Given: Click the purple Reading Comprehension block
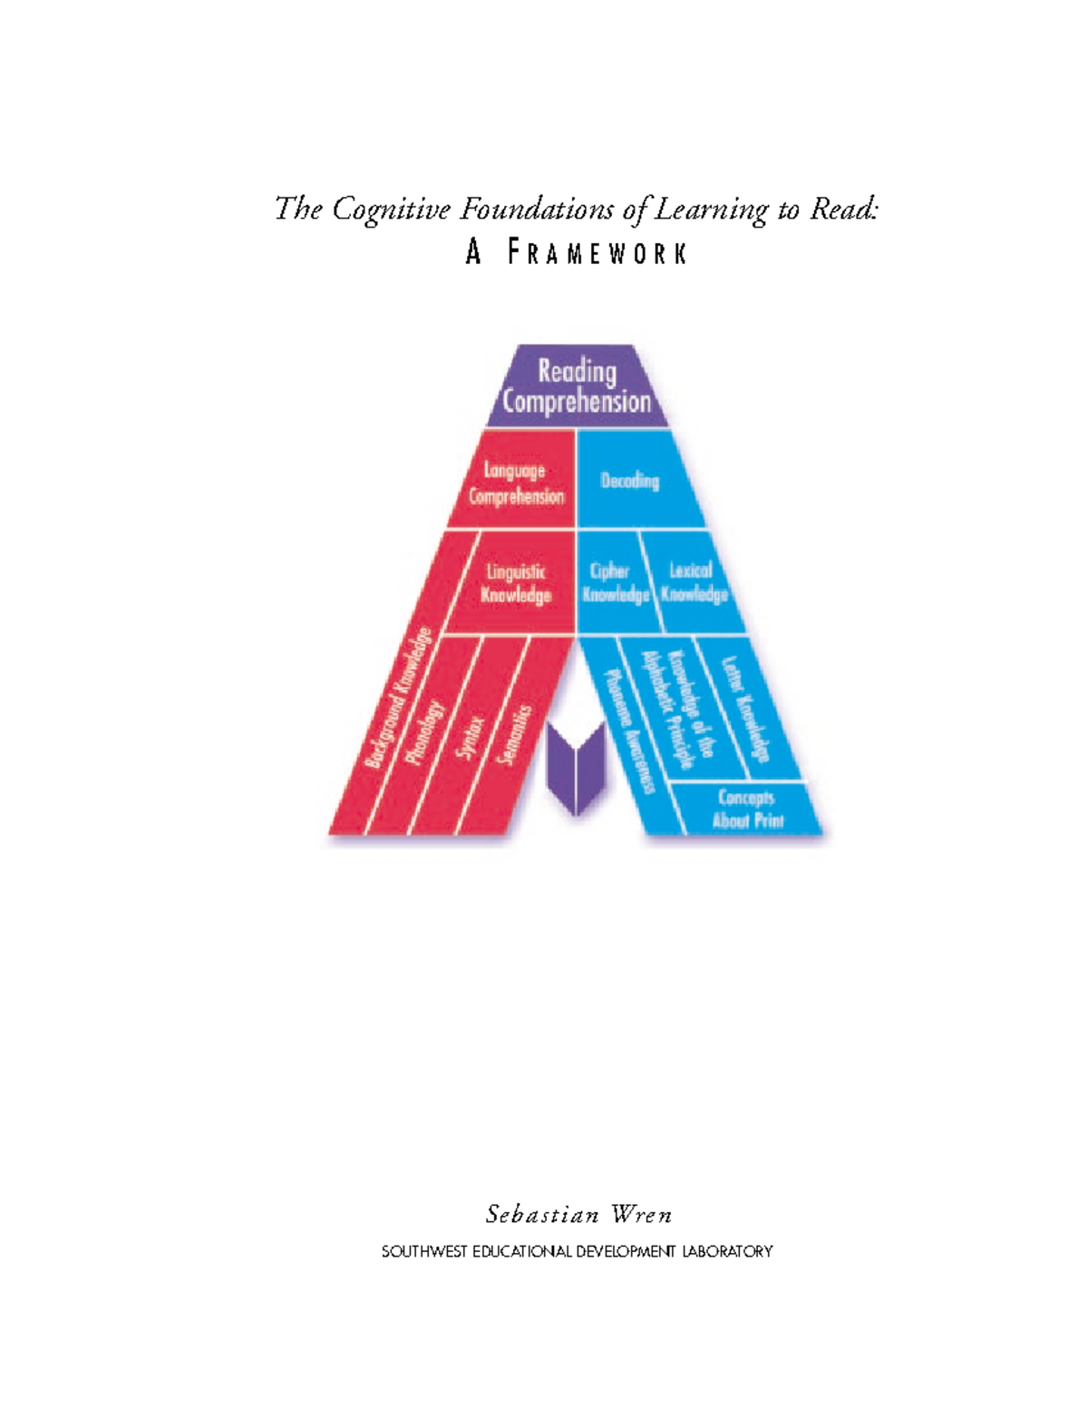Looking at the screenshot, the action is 577,386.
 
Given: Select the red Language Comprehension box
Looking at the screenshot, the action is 516,482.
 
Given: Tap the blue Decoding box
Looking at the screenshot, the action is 629,481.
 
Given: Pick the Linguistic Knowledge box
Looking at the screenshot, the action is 516,583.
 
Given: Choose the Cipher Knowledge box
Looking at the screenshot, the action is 614,582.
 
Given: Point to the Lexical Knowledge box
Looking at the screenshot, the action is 694,582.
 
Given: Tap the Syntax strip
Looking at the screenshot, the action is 470,736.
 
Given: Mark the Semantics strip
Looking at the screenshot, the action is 516,734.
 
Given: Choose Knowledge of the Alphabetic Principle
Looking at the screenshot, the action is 679,709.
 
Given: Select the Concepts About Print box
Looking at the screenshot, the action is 747,809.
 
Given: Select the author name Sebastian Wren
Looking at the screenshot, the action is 578,1214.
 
